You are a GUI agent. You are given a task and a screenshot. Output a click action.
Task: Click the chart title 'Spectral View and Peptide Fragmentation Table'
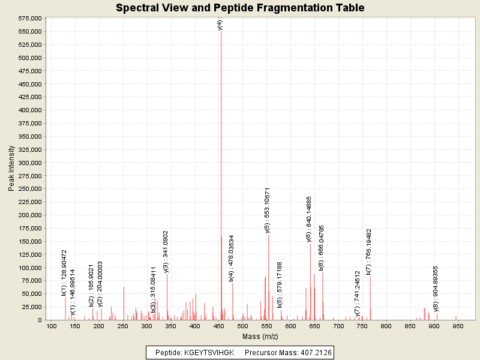click(x=240, y=8)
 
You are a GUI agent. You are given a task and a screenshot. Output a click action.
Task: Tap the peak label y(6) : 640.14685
click(x=309, y=219)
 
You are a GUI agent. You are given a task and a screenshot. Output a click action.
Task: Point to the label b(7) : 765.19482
click(x=369, y=251)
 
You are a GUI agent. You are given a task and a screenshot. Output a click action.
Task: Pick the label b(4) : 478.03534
click(x=232, y=258)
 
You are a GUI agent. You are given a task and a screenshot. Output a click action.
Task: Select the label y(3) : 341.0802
click(x=166, y=251)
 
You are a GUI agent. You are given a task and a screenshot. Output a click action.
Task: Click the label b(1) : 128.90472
click(x=64, y=274)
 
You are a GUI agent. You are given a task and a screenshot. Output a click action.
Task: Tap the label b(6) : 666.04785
click(x=322, y=248)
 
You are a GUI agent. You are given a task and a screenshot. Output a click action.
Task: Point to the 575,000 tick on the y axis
click(x=29, y=18)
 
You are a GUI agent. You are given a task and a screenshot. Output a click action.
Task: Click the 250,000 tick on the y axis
click(x=29, y=189)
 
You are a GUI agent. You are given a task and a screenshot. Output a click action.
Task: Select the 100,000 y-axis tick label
click(x=29, y=268)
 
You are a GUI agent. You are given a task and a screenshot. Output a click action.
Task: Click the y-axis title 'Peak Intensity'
click(x=11, y=169)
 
